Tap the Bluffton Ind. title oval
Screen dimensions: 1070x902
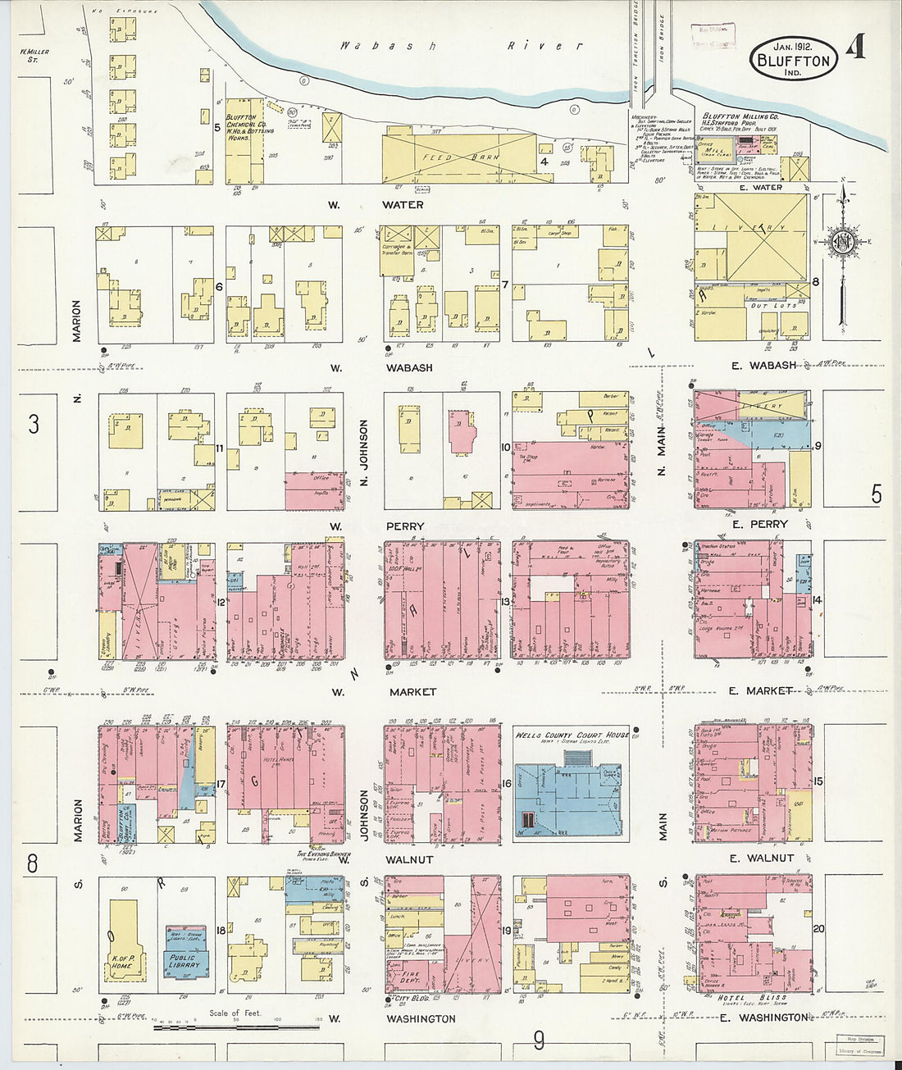tap(793, 59)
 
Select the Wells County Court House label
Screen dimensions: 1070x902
tap(572, 735)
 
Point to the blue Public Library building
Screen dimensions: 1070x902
tap(184, 961)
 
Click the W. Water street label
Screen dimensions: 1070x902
tap(378, 204)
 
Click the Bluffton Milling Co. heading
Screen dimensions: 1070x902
tap(740, 116)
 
